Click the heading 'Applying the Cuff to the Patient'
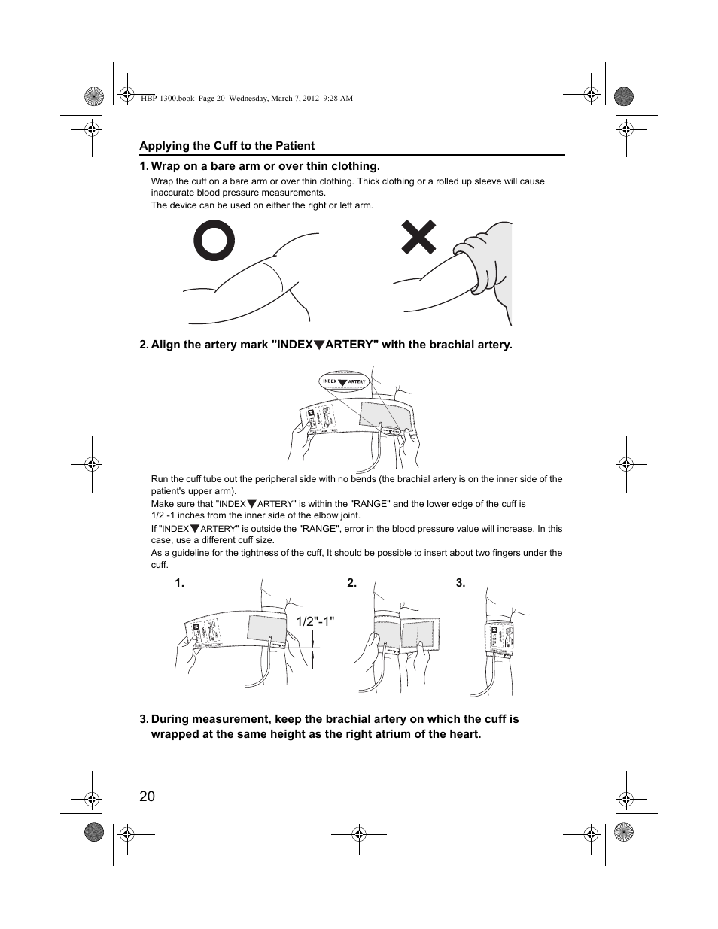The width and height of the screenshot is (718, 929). point(227,146)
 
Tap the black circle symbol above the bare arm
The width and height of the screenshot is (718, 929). point(214,241)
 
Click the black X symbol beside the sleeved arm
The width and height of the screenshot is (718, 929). point(418,238)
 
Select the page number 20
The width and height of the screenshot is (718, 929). point(147,797)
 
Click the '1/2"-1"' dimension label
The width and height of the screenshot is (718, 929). point(315,621)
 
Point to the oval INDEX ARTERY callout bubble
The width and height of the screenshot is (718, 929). point(343,381)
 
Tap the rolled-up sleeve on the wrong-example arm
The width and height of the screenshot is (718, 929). point(482,263)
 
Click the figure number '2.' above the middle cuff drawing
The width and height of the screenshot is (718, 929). point(351,583)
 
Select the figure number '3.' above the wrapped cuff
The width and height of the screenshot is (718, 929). point(461,583)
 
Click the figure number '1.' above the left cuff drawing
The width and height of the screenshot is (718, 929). point(180,583)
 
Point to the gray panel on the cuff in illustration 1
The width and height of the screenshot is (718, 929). point(265,628)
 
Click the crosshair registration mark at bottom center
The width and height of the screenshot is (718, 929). point(359,833)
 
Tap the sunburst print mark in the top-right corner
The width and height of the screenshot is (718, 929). point(623,96)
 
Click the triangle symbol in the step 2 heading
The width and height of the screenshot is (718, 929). point(319,345)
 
